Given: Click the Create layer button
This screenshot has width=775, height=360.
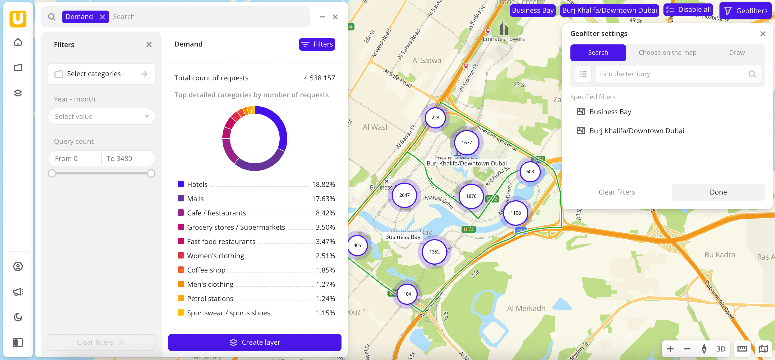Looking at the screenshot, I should [x=255, y=342].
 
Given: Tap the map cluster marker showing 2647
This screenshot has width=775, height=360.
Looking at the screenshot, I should [x=404, y=195].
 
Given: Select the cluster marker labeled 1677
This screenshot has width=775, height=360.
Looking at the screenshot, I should [x=467, y=142].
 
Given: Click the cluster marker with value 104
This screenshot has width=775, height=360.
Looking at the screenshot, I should [x=407, y=294].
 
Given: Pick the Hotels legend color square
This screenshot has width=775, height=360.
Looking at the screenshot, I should [x=181, y=184].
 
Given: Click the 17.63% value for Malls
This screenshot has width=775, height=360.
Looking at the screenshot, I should [x=323, y=199].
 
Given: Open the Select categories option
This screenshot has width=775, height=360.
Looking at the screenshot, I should [x=102, y=74].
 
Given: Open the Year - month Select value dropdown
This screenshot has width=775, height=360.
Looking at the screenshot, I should [x=102, y=116].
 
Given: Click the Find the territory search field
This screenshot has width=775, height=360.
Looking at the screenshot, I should [x=672, y=74].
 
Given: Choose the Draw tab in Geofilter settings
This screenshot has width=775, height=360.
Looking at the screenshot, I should [x=737, y=53].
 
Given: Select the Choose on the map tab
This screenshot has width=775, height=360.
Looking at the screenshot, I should [x=667, y=53].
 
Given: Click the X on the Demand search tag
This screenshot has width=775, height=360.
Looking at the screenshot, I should [x=103, y=17].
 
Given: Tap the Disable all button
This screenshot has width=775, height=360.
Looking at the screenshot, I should [x=688, y=10].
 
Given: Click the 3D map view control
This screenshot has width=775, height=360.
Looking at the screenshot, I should [x=721, y=349].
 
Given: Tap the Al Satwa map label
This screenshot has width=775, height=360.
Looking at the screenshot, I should [x=427, y=61].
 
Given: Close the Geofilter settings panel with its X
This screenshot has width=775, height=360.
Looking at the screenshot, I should [x=762, y=34].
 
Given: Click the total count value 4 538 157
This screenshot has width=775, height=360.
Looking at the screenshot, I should [x=319, y=78].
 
